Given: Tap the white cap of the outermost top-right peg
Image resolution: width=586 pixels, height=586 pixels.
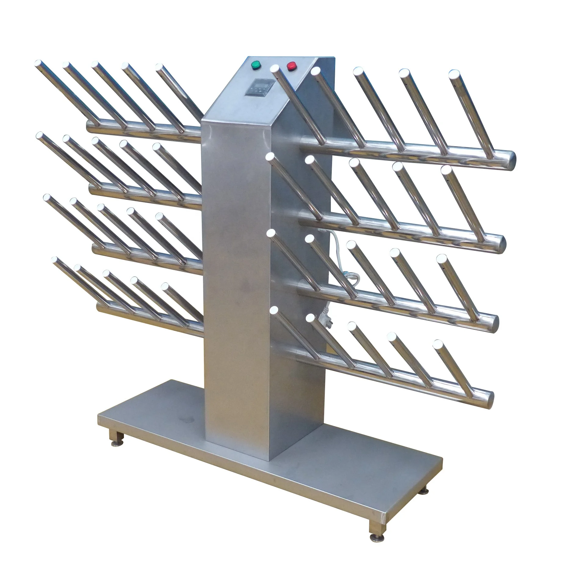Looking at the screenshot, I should click(454, 74).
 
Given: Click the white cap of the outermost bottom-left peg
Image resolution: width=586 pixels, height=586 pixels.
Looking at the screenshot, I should click(55, 260).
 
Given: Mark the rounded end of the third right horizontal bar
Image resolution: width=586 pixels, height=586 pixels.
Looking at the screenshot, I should click(495, 322).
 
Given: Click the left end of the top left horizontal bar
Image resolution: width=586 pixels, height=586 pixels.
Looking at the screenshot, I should click(89, 126).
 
